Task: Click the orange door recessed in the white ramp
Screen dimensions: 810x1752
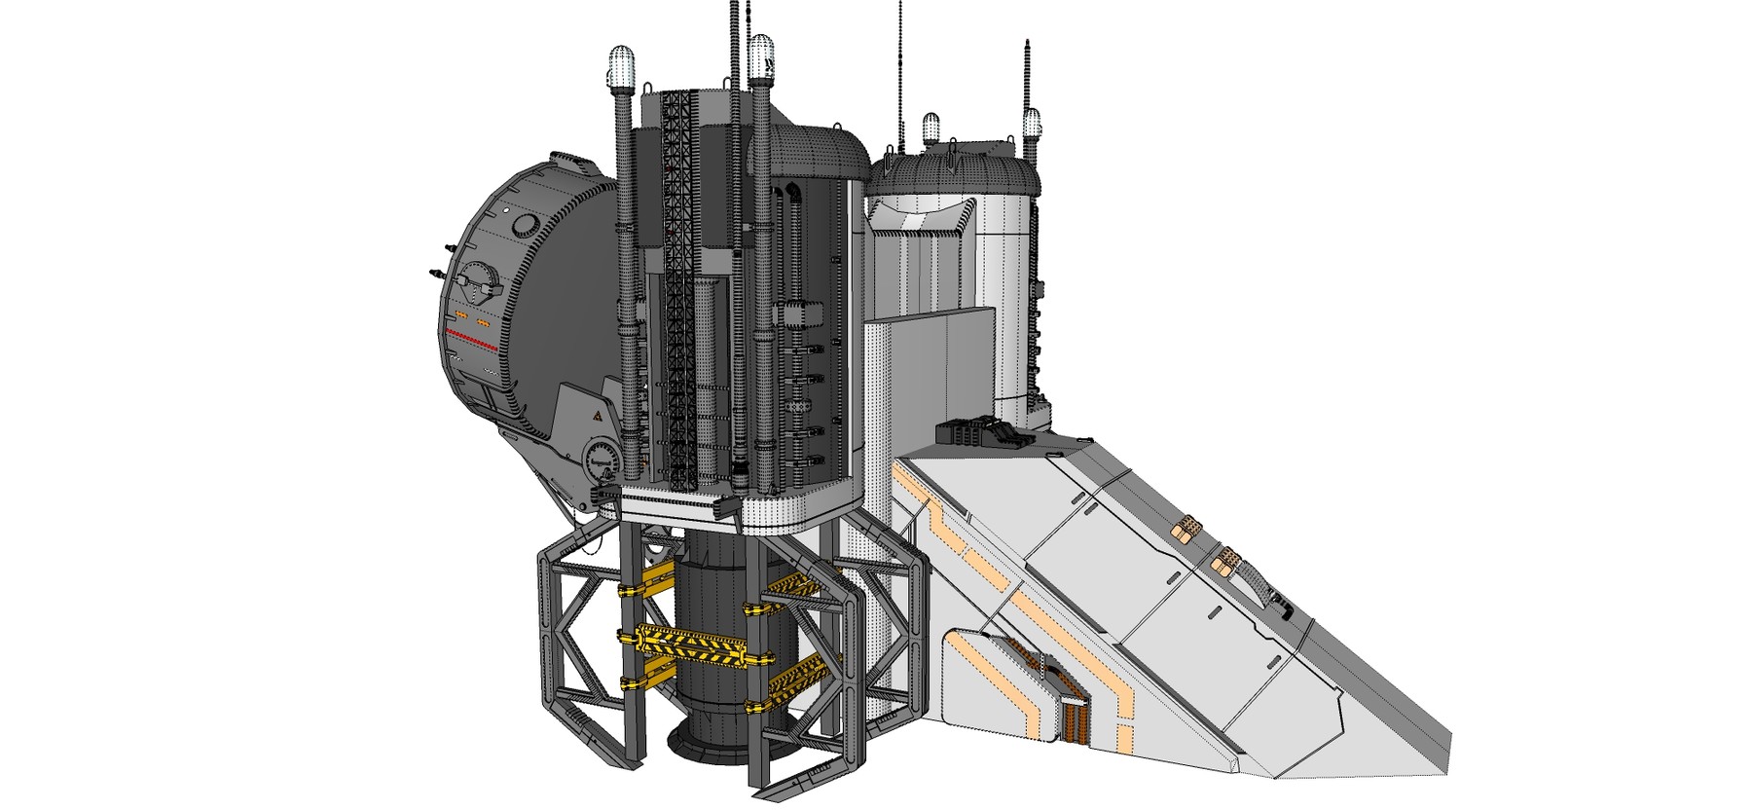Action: (1073, 719)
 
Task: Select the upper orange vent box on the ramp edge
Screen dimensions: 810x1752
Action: (1185, 529)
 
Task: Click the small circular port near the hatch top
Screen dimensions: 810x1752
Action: (525, 226)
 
